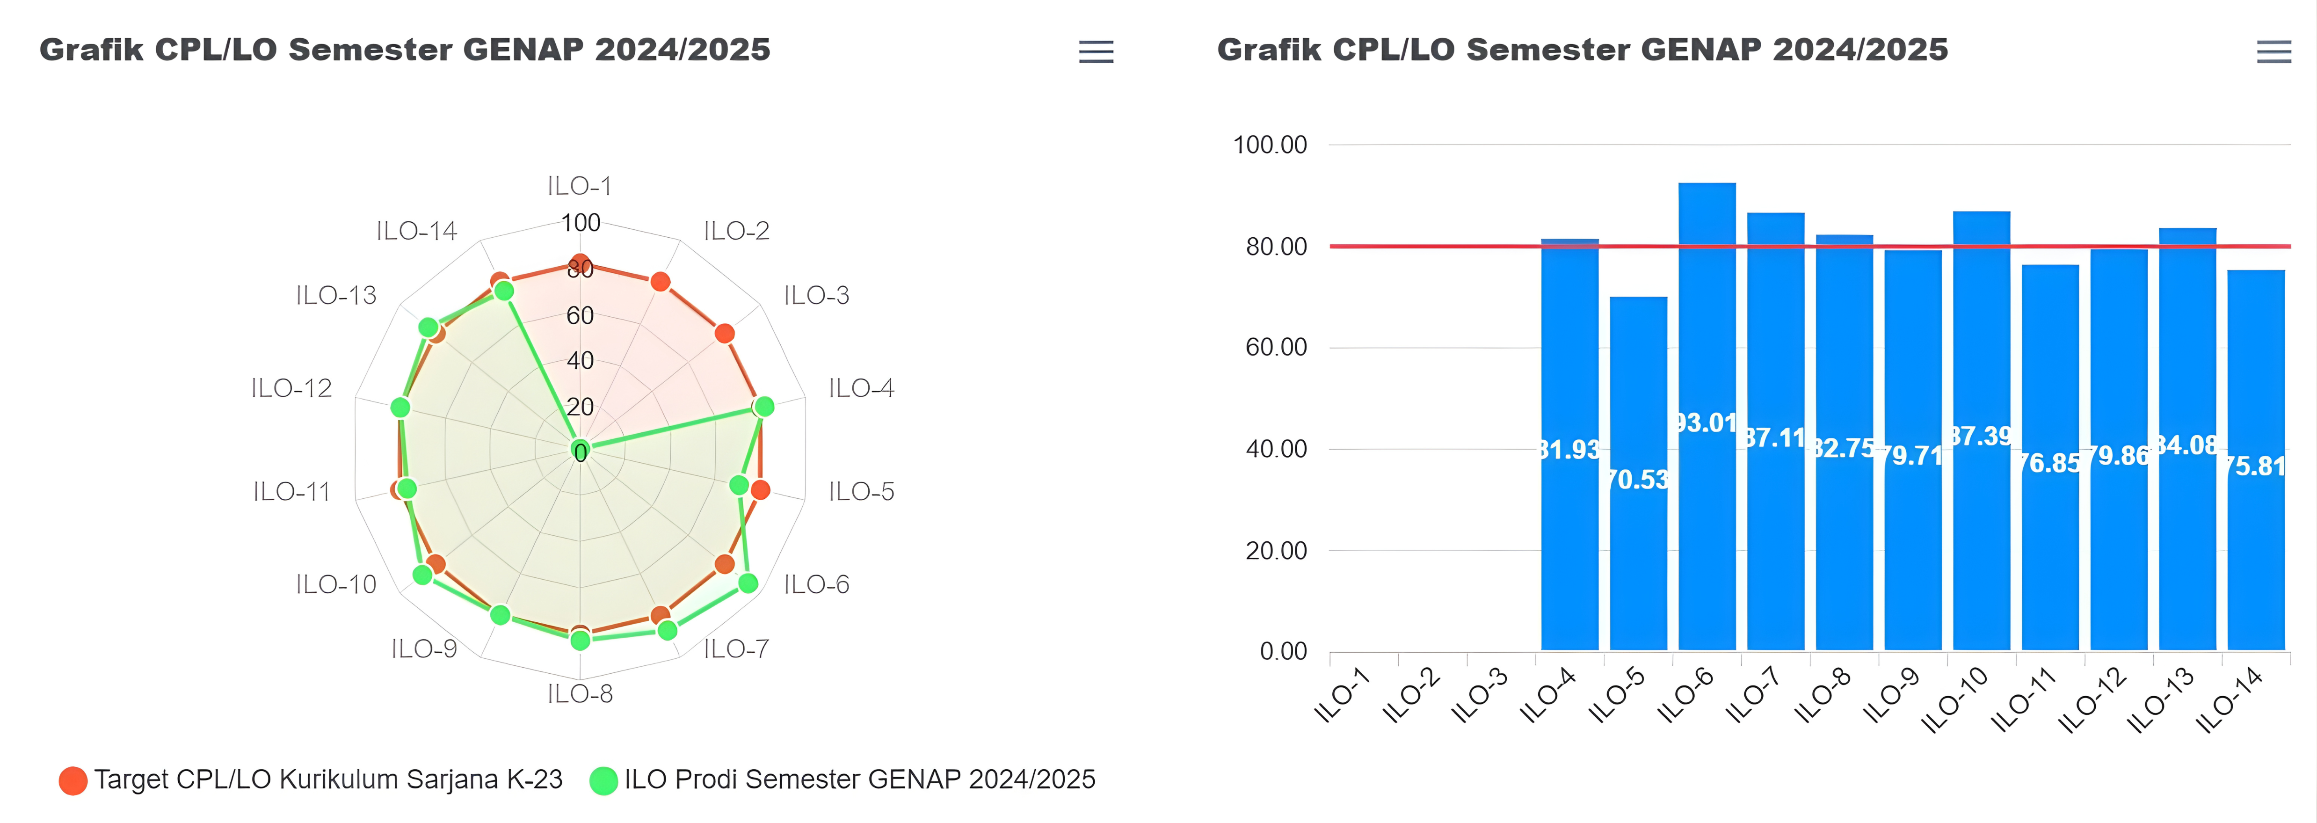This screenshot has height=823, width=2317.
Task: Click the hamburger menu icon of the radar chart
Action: click(x=1096, y=52)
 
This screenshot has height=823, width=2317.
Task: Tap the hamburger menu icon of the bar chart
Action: click(x=2273, y=52)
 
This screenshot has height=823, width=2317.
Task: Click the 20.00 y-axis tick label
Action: click(x=1275, y=551)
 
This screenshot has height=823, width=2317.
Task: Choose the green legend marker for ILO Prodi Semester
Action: click(x=603, y=780)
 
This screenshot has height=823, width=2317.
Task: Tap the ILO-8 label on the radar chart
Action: click(x=580, y=693)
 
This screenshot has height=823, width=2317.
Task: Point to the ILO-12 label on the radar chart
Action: click(x=291, y=388)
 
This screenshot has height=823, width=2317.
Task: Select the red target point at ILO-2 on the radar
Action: click(x=660, y=282)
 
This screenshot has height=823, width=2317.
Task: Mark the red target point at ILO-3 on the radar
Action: click(x=724, y=334)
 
